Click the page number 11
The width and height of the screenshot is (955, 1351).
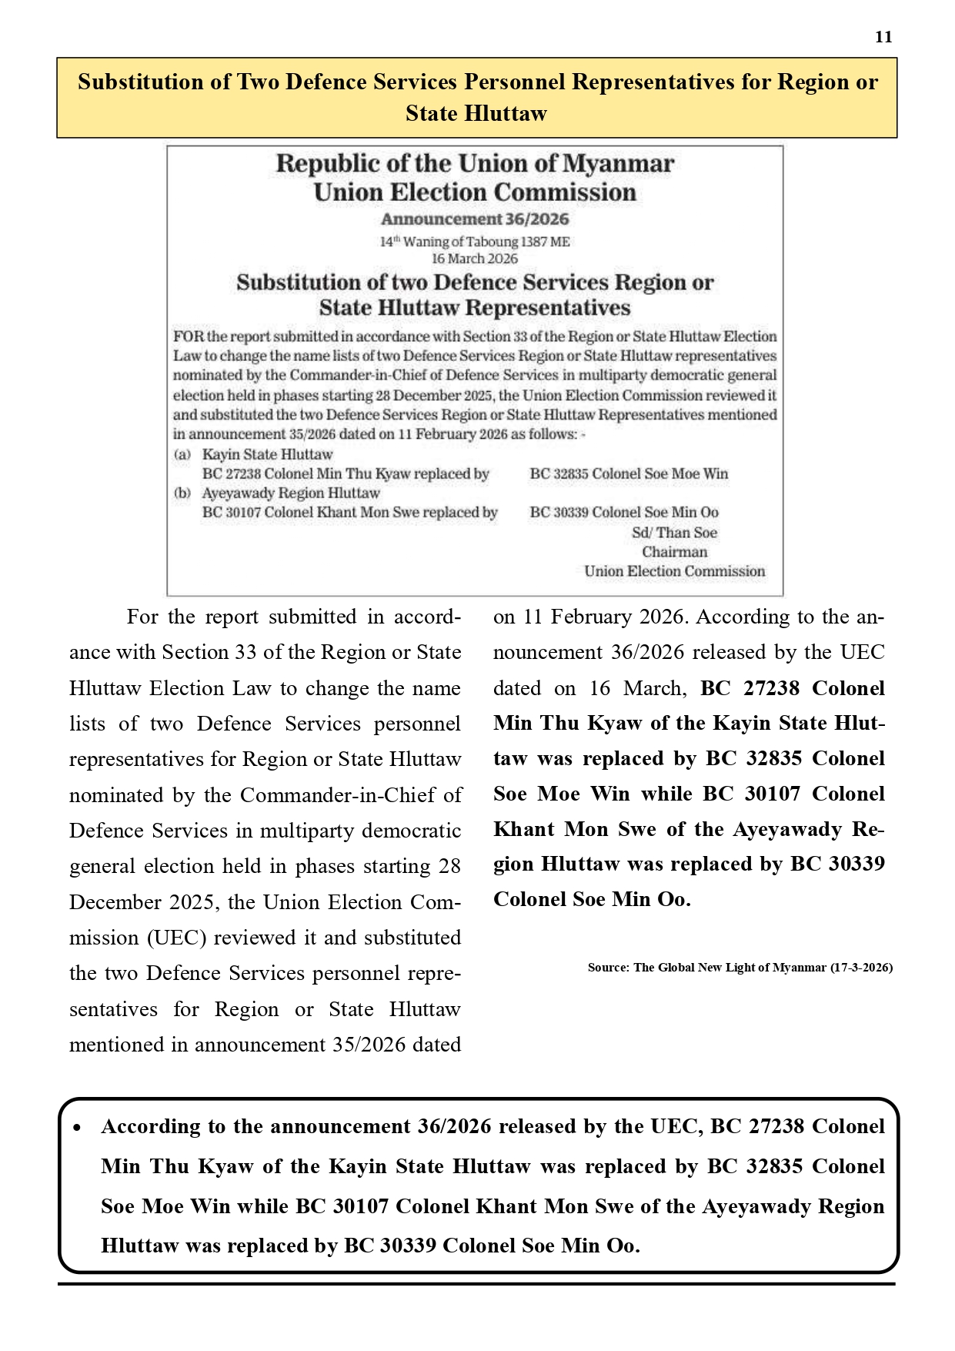[883, 37]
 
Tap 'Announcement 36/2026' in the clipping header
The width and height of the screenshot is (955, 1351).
[475, 219]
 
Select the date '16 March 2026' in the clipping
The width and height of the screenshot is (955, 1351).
[474, 259]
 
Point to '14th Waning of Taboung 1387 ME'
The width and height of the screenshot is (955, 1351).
[475, 242]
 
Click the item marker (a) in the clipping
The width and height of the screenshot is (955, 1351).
[182, 454]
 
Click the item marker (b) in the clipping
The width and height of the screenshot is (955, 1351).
[182, 493]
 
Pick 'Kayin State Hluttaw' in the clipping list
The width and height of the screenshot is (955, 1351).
[267, 454]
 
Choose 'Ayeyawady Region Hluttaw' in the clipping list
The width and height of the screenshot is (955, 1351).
[291, 493]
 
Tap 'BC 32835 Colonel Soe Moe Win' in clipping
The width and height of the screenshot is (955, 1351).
[629, 474]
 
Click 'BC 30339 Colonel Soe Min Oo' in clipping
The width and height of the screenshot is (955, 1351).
[624, 513]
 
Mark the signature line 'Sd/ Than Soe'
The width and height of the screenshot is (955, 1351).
[674, 533]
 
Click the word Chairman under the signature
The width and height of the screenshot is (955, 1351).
[674, 552]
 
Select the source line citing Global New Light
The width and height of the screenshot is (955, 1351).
[740, 968]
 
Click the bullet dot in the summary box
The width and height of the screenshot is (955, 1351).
[77, 1128]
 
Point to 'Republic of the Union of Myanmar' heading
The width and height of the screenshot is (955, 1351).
[475, 164]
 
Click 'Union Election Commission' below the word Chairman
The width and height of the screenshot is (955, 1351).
[674, 571]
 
